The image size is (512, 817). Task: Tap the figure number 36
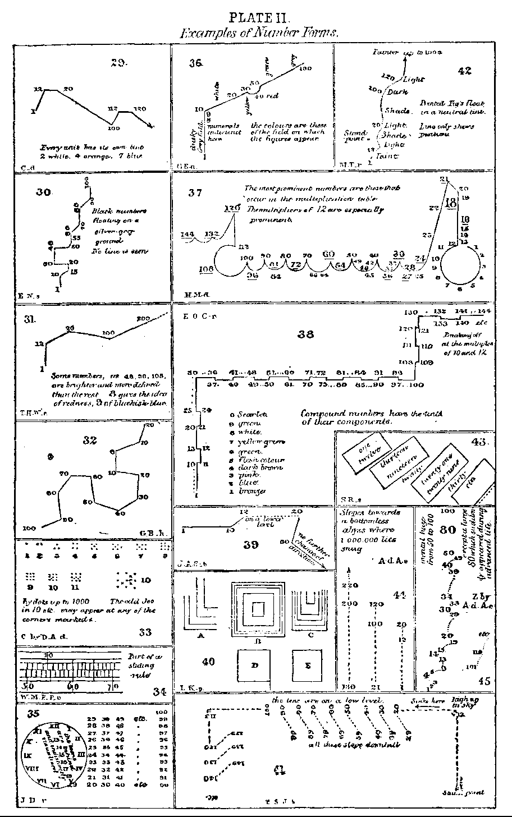point(195,63)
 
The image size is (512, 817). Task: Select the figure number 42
point(464,71)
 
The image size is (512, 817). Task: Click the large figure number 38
point(306,334)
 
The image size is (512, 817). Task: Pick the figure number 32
point(90,440)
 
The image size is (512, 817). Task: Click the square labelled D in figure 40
point(253,665)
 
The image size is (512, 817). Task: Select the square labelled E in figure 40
point(308,665)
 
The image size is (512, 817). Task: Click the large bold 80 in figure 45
point(447,529)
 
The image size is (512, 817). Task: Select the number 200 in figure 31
point(144,319)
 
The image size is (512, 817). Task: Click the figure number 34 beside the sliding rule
point(159,691)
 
